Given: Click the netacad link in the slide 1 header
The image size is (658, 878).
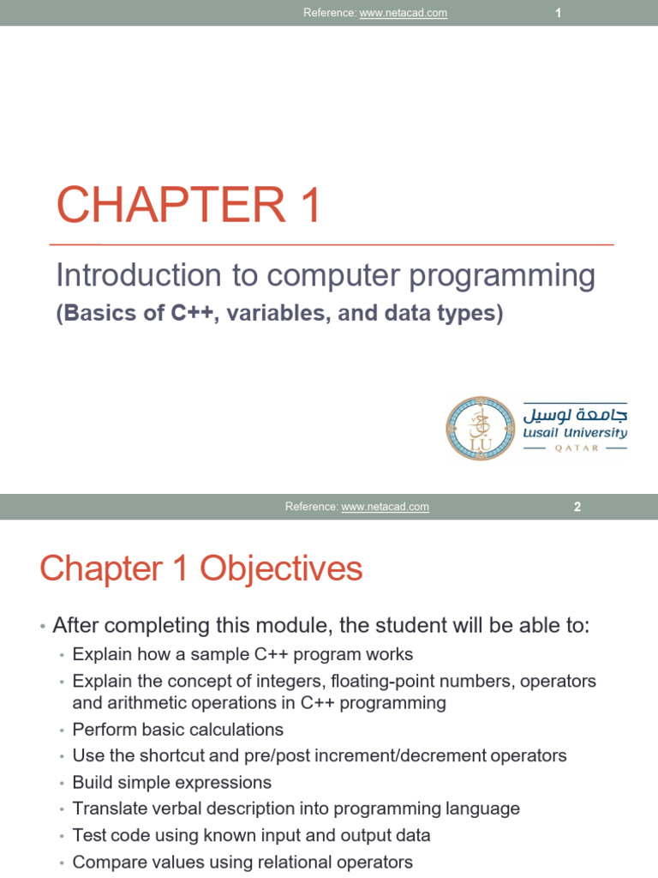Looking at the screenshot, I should (403, 14).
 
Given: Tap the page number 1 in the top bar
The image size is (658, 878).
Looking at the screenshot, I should (558, 14).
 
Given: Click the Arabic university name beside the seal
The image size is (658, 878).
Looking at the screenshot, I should (575, 413).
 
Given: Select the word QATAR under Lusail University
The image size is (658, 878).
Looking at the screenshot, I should (575, 448).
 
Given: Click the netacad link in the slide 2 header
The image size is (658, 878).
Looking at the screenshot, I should (385, 507).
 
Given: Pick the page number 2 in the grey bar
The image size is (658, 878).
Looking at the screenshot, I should (577, 507).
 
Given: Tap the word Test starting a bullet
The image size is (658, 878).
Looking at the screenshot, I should (88, 835).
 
